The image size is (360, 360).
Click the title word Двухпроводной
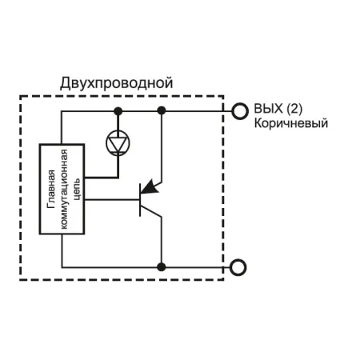(117, 83)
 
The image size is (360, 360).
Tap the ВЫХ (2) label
(278, 109)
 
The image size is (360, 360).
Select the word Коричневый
(291, 123)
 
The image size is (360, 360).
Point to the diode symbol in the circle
(118, 143)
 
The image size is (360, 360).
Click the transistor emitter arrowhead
(150, 186)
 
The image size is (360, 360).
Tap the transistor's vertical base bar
(140, 200)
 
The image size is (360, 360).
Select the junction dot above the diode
(118, 111)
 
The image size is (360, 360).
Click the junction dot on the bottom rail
(162, 267)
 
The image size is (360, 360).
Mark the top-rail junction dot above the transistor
(162, 110)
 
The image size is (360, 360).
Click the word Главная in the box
(51, 189)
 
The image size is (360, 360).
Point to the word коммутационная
(64, 189)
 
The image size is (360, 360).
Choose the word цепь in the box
(77, 189)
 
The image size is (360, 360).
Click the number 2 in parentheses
(294, 109)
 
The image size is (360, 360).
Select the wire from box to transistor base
(112, 199)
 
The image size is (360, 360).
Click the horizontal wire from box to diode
(102, 177)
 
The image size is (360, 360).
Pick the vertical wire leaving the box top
(62, 127)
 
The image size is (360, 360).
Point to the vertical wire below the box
(62, 250)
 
